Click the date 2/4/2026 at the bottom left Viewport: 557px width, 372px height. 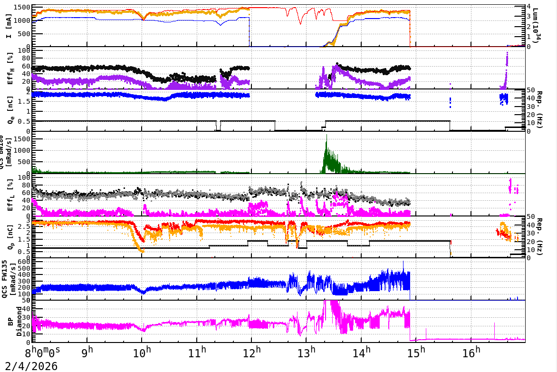pyautogui.click(x=29, y=366)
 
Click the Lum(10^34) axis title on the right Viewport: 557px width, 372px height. pyautogui.click(x=536, y=26)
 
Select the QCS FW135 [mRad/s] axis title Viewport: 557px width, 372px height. pyautogui.click(x=10, y=279)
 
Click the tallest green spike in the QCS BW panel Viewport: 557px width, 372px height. pyautogui.click(x=326, y=136)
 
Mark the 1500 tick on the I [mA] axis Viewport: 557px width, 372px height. pyautogui.click(x=22, y=8)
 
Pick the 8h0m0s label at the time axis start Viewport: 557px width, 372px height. pyautogui.click(x=42, y=353)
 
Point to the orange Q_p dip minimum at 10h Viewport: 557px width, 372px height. pyautogui.click(x=141, y=250)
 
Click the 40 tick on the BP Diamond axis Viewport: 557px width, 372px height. pyautogui.click(x=27, y=308)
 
